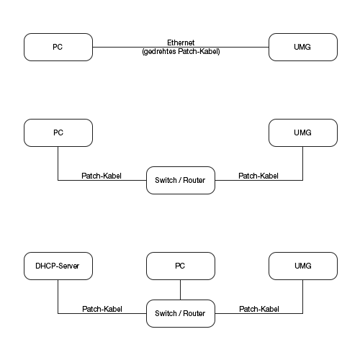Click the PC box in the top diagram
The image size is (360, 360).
(58, 47)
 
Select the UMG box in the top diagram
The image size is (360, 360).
(302, 47)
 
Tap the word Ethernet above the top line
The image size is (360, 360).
(181, 43)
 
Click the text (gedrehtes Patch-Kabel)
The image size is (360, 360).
(181, 52)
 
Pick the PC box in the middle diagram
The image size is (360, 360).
(58, 133)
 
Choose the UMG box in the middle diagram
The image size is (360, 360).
(302, 133)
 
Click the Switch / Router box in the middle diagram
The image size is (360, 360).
(181, 180)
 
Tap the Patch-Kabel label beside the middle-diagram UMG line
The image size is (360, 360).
(258, 176)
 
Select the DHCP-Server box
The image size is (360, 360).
(58, 266)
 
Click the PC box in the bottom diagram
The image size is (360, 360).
(181, 266)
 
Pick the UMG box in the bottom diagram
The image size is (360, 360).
(302, 266)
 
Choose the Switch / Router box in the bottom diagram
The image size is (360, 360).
(181, 313)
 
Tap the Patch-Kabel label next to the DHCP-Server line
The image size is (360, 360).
(102, 309)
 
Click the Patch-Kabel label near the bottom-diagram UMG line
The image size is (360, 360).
(258, 309)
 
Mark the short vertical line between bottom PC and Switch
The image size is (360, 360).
(181, 289)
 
